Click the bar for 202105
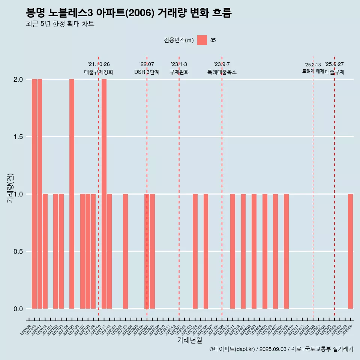[72, 194]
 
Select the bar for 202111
[104, 194]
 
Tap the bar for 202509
[350, 251]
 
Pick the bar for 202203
[125, 251]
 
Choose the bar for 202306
[206, 251]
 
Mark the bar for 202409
[286, 251]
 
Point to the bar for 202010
[34, 194]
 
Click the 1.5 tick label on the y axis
[18, 137]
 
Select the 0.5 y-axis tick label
[18, 252]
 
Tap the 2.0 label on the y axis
[18, 79]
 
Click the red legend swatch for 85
[202, 40]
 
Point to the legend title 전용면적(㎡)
[179, 40]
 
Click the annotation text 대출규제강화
[99, 72]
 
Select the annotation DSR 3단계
[147, 72]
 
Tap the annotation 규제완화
[179, 72]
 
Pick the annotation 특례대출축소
[222, 72]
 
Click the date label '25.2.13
[313, 65]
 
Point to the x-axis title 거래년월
[189, 340]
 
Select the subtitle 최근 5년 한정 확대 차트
[60, 24]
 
